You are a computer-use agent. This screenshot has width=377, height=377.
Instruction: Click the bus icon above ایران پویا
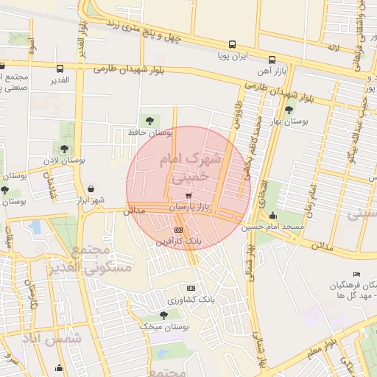pyautogui.click(x=233, y=44)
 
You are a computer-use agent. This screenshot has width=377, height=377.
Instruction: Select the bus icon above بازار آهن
pyautogui.click(x=272, y=60)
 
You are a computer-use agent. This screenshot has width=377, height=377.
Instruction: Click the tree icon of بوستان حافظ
pyautogui.click(x=150, y=120)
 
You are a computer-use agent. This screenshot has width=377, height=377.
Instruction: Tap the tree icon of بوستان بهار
pyautogui.click(x=288, y=110)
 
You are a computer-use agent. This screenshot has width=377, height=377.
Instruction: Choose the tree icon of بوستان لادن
pyautogui.click(x=64, y=149)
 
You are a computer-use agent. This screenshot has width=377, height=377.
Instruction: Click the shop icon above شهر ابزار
pyautogui.click(x=91, y=189)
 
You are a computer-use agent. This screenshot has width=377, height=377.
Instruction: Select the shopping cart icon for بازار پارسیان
pyautogui.click(x=189, y=197)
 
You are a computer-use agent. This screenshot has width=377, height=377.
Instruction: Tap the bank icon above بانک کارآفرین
pyautogui.click(x=177, y=230)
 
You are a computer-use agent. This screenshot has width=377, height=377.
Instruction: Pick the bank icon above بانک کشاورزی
pyautogui.click(x=191, y=288)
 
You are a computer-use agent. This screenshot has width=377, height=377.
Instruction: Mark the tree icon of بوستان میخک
pyautogui.click(x=163, y=314)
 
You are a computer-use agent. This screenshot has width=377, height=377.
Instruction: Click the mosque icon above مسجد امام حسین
pyautogui.click(x=273, y=216)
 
